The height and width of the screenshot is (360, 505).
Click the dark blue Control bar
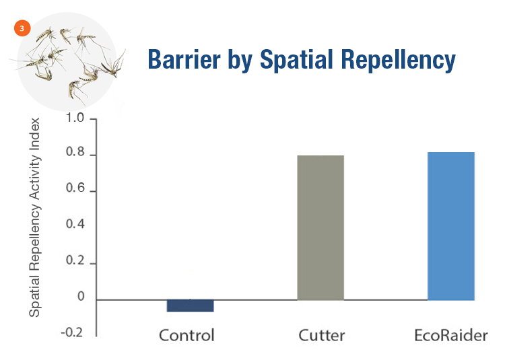tap(190, 305)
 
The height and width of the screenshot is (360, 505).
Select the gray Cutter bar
tap(321, 227)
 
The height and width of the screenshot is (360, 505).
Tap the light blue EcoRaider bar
tap(451, 226)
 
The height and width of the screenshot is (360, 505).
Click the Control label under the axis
tap(187, 335)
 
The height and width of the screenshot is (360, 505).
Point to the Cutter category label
tap(321, 335)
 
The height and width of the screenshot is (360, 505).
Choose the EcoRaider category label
tap(451, 335)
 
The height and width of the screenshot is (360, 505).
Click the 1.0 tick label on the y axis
tap(75, 118)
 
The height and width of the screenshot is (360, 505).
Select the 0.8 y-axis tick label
tap(75, 152)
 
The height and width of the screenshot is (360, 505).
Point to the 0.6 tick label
tap(75, 188)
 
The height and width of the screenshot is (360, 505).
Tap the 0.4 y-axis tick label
tap(75, 224)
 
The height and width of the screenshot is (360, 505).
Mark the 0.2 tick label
tap(75, 260)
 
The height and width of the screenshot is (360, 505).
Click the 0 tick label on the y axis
tap(81, 296)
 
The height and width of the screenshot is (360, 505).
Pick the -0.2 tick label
tap(72, 332)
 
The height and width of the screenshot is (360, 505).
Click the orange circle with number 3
tap(22, 28)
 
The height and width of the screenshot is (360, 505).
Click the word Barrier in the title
tap(184, 59)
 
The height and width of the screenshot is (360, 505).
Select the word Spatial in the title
tap(296, 60)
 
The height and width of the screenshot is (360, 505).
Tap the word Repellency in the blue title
tap(399, 60)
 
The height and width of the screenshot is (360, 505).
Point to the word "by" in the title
tap(240, 61)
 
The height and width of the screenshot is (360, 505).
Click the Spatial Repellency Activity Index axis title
tap(34, 217)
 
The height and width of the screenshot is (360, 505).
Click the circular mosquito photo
tap(67, 62)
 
